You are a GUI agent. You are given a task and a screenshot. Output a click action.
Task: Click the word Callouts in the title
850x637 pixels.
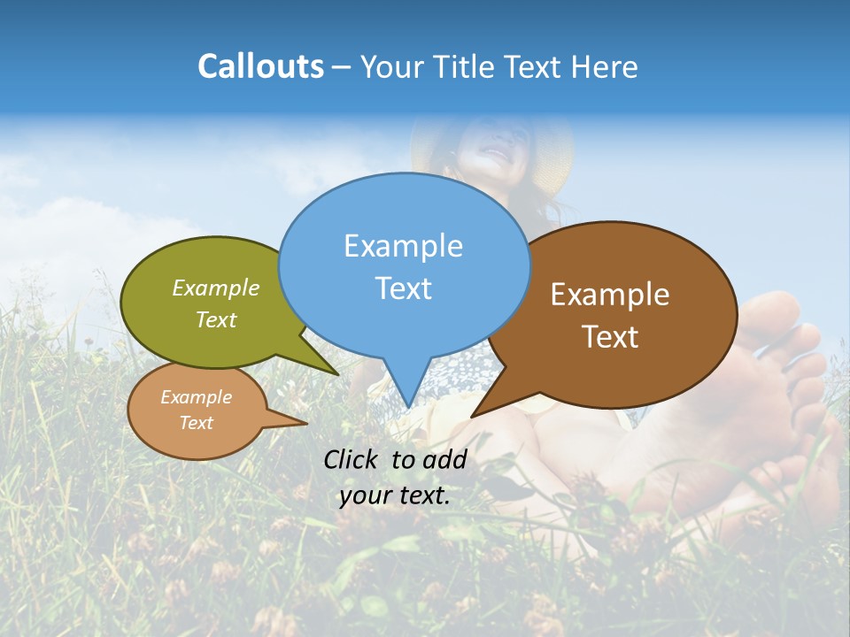point(260,66)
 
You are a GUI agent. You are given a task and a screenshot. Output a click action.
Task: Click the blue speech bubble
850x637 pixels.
point(404,265)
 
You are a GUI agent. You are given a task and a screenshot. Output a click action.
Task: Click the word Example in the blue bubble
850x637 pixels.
point(403,245)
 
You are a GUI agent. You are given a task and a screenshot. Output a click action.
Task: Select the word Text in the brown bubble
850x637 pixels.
point(610,337)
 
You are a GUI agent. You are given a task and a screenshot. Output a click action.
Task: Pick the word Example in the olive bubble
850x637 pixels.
point(216,288)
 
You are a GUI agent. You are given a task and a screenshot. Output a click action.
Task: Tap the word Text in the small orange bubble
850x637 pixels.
point(197,423)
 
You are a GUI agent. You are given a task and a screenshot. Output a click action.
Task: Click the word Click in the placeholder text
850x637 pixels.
point(352,459)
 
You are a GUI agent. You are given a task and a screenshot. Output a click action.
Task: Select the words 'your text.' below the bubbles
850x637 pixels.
point(395,495)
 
